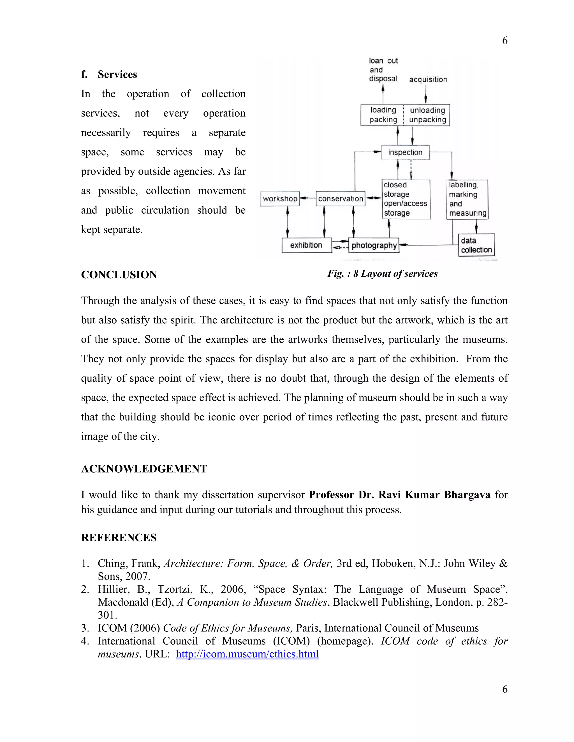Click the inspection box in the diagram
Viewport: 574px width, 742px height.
click(405, 152)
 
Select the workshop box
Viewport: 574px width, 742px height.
click(280, 199)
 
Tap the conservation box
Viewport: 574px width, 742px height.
click(340, 199)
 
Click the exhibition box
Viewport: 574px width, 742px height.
click(306, 245)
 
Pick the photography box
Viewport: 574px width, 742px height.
click(374, 245)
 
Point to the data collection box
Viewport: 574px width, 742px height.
click(476, 245)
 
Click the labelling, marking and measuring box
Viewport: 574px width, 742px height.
click(467, 199)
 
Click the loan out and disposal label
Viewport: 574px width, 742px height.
click(383, 70)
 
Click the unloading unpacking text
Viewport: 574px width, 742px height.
click(427, 115)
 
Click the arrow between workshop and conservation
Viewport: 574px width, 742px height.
click(307, 199)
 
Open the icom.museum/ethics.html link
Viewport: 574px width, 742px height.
click(247, 654)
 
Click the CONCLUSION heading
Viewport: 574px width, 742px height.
click(119, 274)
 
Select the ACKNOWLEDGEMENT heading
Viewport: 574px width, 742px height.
click(144, 469)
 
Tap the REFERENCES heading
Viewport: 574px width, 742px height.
click(119, 538)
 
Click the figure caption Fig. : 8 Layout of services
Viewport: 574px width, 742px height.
click(382, 274)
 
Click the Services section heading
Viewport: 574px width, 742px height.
click(117, 74)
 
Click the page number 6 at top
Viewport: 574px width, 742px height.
click(504, 41)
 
